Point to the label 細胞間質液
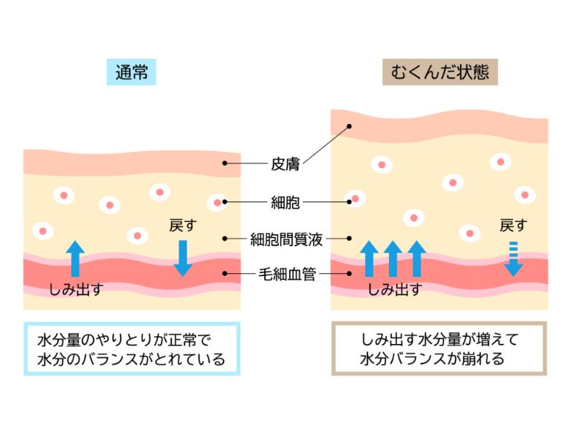286,239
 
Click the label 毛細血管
286,273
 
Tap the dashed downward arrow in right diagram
512,259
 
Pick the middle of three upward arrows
392,259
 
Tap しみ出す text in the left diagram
76,290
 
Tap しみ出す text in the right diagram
394,290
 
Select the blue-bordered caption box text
131,348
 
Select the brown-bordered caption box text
439,348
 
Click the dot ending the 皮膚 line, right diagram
349,127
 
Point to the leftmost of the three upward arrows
369,259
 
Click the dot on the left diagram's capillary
225,273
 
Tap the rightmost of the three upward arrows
416,259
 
